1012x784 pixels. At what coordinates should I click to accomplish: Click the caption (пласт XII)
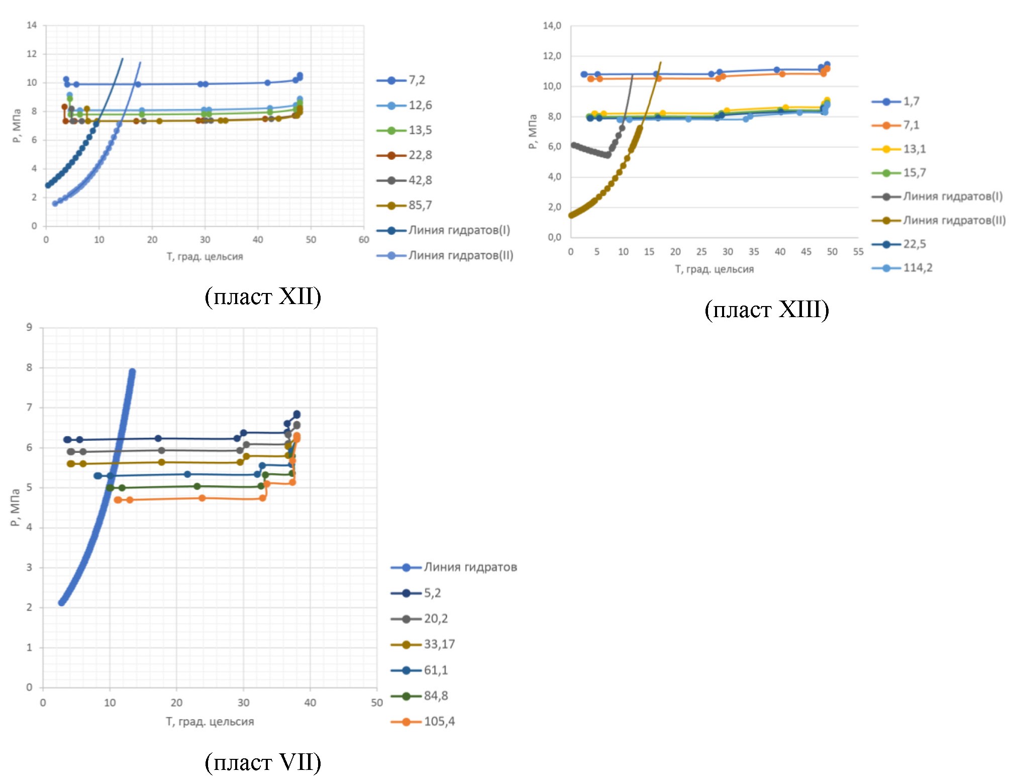263,297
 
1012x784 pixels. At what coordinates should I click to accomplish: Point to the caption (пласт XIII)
767,310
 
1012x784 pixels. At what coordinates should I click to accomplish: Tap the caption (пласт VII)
263,762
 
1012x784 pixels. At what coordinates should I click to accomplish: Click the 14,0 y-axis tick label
552,26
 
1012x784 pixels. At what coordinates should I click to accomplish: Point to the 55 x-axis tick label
858,252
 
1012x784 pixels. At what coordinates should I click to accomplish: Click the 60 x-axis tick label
364,240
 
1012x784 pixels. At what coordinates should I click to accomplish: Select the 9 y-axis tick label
29,328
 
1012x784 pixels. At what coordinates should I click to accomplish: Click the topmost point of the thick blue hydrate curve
132,372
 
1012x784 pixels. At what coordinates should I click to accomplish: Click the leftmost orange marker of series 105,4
118,500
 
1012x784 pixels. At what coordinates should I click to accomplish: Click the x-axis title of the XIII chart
714,269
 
